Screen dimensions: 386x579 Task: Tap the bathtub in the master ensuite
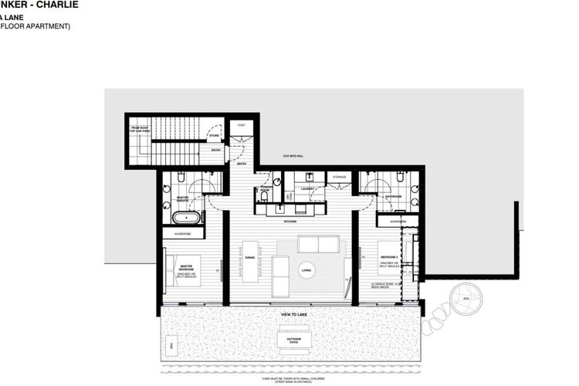coord(185,217)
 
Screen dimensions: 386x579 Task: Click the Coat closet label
coord(241,125)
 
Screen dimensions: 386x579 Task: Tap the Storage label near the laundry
coord(340,177)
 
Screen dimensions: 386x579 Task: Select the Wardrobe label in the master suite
coord(182,233)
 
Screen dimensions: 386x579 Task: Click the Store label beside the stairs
coord(214,136)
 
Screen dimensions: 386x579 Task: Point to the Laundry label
coord(306,188)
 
